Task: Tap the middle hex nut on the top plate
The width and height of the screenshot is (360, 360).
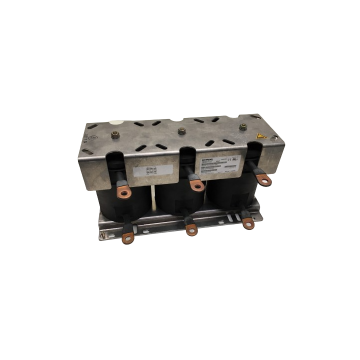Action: point(181,130)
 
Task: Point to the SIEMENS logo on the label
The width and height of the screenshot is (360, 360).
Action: point(206,159)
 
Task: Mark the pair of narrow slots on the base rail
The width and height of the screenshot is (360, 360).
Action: point(232,218)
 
